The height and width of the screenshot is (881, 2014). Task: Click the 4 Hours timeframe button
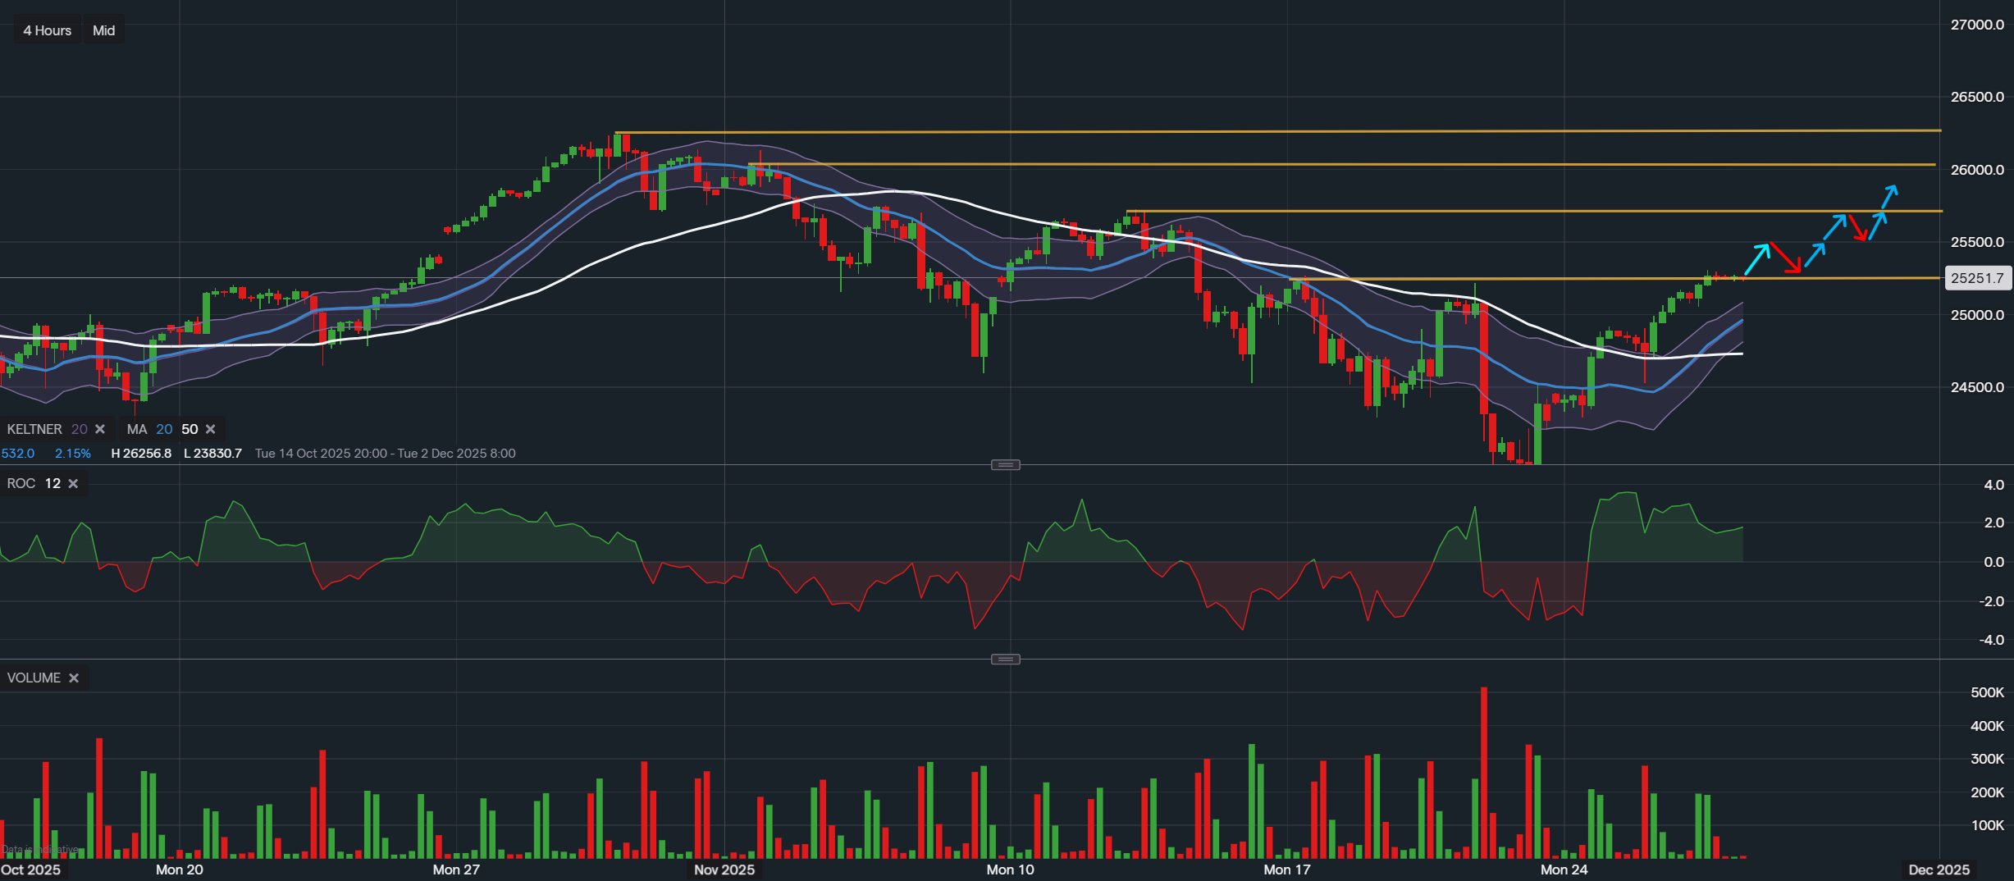(x=47, y=30)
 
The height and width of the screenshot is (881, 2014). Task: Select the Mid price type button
(x=103, y=30)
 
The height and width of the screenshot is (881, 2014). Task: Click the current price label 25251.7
(x=1976, y=278)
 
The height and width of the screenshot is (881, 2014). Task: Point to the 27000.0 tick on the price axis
(x=1977, y=25)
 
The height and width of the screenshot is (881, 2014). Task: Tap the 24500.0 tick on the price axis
(x=1977, y=387)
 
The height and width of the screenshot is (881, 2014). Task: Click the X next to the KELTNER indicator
(x=100, y=429)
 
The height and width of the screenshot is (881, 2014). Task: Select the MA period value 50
(x=190, y=429)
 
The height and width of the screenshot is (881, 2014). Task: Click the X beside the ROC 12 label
(x=73, y=484)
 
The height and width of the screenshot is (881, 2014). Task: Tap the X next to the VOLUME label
(x=74, y=678)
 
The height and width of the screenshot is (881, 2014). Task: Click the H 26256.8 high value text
(x=141, y=454)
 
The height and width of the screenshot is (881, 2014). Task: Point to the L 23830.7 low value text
(x=212, y=454)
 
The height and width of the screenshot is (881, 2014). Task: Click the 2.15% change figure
(x=73, y=454)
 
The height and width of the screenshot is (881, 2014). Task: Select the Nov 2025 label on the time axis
(x=724, y=870)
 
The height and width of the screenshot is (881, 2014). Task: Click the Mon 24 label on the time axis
(x=1564, y=870)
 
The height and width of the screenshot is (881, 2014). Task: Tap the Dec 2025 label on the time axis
(x=1939, y=870)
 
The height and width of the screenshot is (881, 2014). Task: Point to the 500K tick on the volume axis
(x=1987, y=692)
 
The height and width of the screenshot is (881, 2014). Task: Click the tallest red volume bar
(x=1484, y=771)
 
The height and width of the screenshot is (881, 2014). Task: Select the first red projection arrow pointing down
(x=1786, y=258)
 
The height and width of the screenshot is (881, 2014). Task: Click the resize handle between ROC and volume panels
(x=1005, y=660)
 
